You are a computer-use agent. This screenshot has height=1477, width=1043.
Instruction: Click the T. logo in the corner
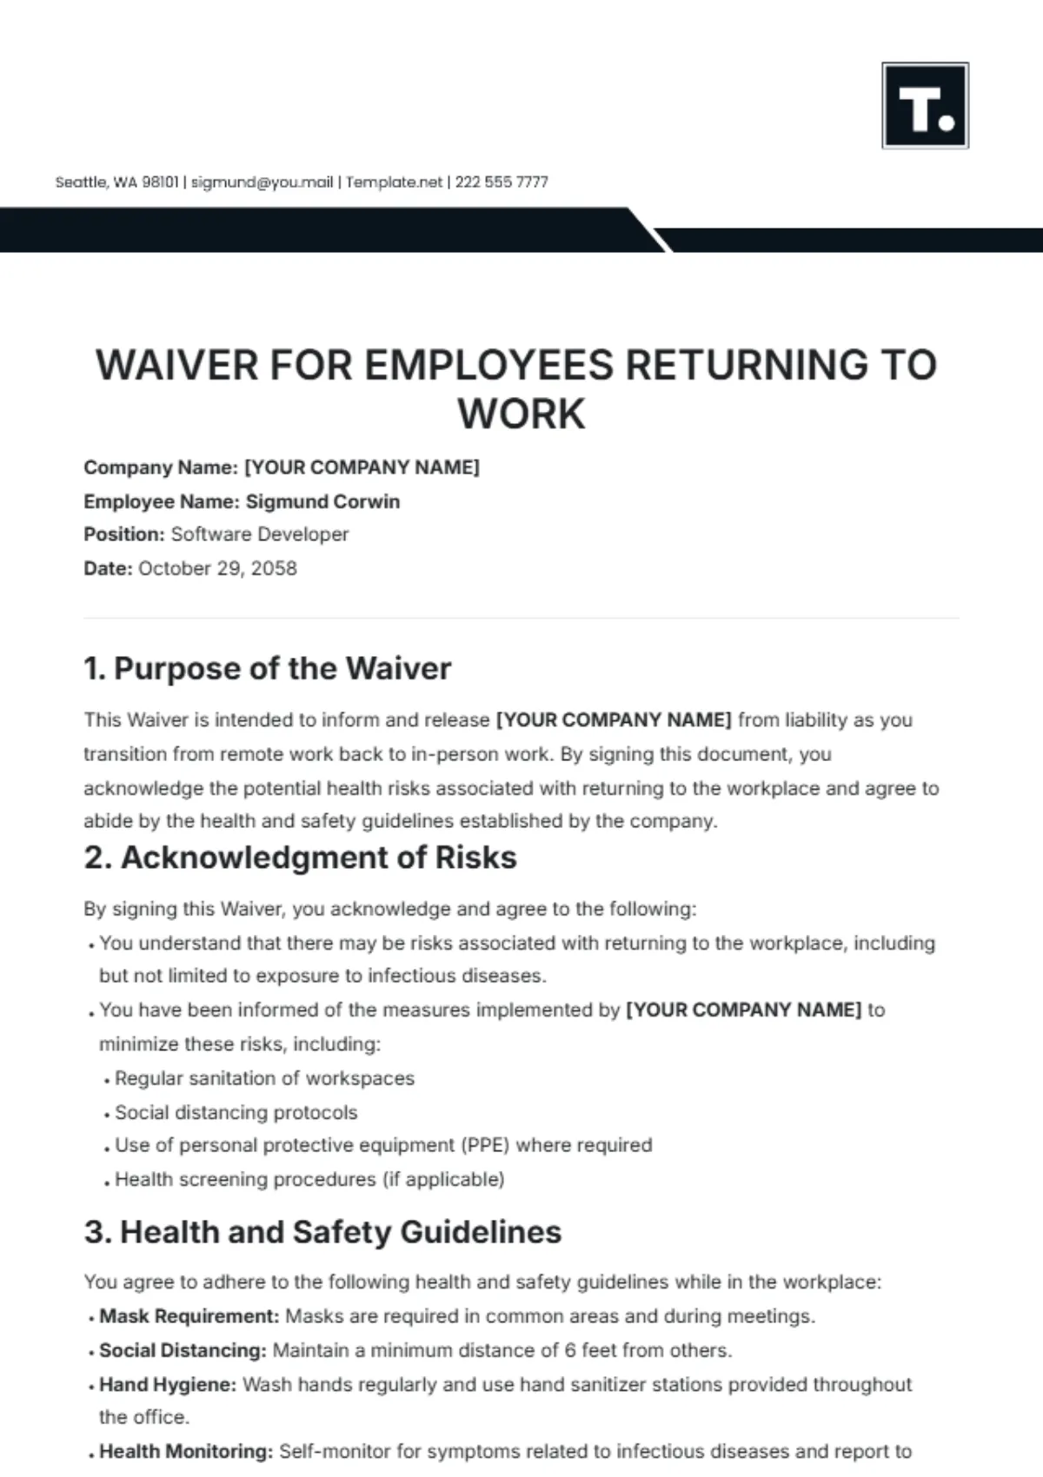(x=925, y=105)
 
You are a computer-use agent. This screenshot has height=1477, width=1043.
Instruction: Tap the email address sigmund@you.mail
(x=262, y=182)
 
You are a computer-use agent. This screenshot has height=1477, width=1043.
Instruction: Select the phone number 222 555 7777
(x=502, y=182)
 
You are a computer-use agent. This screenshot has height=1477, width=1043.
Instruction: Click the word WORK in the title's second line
(x=521, y=414)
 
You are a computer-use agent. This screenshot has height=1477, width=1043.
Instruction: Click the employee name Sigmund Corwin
(x=322, y=501)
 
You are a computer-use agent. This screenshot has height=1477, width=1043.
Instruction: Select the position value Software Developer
(x=260, y=534)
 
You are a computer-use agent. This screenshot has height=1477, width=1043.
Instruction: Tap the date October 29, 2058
(x=217, y=568)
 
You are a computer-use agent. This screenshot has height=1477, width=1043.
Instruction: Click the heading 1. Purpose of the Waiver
(x=268, y=668)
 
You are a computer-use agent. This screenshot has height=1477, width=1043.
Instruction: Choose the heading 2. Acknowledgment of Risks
(x=300, y=858)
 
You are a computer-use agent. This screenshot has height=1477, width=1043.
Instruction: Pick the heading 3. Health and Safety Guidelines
(x=322, y=1232)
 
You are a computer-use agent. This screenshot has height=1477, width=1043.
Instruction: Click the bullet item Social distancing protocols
(x=236, y=1112)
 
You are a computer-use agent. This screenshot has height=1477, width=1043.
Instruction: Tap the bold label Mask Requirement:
(x=189, y=1316)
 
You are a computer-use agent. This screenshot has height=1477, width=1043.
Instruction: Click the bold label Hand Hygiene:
(x=167, y=1384)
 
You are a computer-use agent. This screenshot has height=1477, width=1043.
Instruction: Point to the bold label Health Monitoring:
(x=186, y=1451)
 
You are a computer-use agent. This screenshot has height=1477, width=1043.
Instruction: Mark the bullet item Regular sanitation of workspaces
(x=264, y=1078)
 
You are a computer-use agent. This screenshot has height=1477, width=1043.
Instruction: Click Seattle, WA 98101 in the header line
(x=116, y=182)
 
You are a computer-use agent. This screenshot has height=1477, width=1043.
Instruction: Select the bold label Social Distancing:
(x=183, y=1350)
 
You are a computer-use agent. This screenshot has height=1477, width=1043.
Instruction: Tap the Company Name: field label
(x=160, y=467)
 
